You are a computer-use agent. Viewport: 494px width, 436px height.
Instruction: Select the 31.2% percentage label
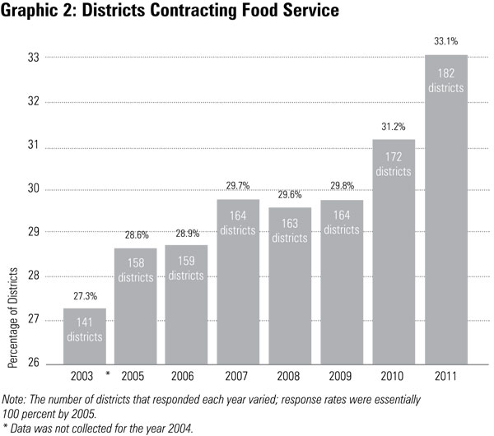point(394,125)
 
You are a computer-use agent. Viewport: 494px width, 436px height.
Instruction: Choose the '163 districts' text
point(289,231)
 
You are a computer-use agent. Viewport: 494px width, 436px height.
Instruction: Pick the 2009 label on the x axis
point(341,378)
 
